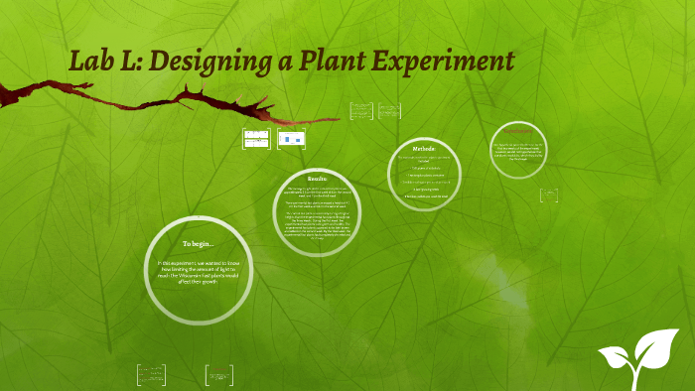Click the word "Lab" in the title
[x=88, y=62]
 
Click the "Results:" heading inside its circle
[x=318, y=178]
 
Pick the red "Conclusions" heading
[x=518, y=130]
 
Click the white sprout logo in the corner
[x=635, y=358]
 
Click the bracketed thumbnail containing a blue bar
[x=291, y=140]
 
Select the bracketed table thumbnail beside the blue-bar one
[x=257, y=140]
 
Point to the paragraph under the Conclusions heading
[x=518, y=150]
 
